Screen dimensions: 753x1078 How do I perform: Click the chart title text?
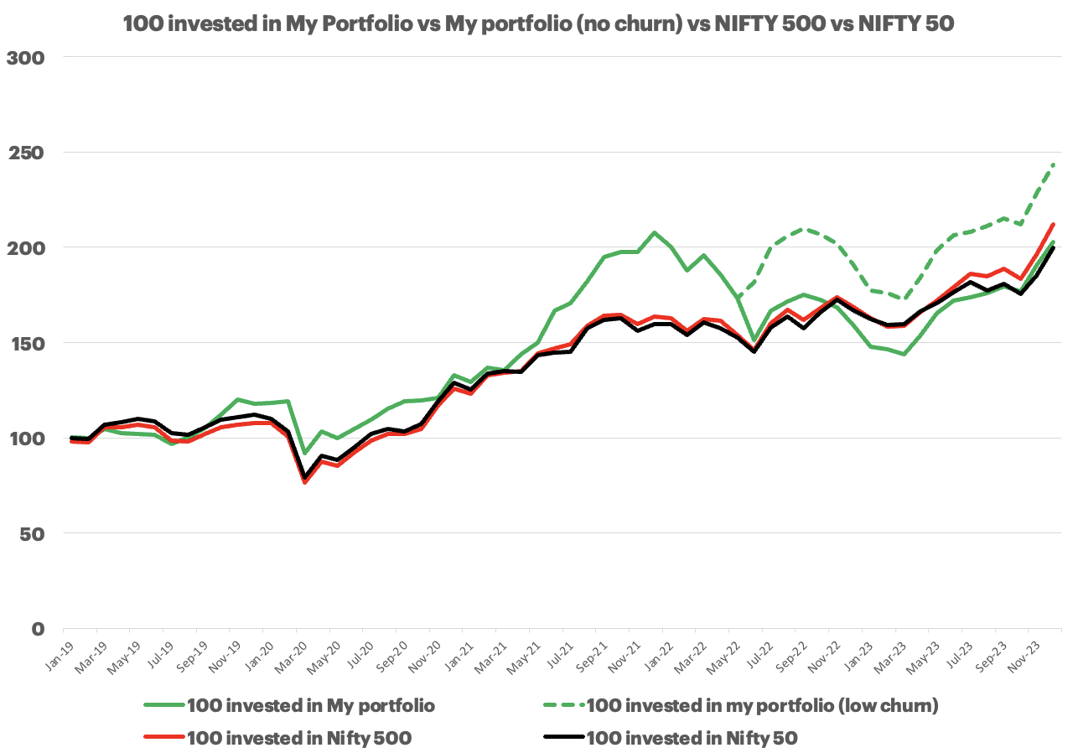click(538, 23)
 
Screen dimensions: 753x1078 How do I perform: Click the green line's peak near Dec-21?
click(654, 232)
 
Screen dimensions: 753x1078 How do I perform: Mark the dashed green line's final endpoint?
click(1054, 164)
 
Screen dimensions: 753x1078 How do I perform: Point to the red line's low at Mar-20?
click(304, 482)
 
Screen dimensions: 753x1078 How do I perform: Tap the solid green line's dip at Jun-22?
click(754, 340)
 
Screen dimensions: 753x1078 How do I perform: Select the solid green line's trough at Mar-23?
click(904, 354)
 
